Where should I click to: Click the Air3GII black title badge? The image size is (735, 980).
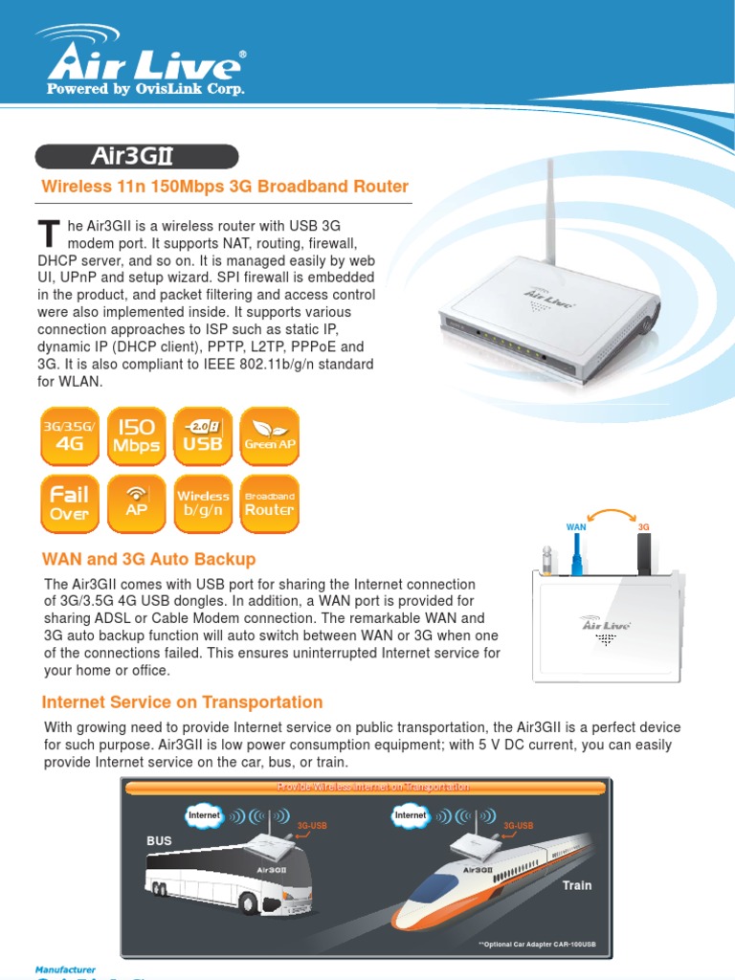click(137, 156)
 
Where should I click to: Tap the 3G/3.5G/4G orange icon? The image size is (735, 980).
click(69, 436)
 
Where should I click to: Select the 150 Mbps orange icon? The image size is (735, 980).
click(136, 436)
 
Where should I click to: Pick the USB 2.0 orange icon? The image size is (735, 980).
click(202, 436)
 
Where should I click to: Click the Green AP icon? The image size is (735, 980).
click(269, 436)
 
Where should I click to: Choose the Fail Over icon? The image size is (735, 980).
click(69, 503)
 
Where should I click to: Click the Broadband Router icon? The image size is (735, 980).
click(269, 503)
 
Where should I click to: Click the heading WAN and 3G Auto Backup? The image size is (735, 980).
click(148, 559)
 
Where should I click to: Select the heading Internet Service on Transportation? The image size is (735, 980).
click(182, 702)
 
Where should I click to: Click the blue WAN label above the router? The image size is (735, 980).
click(576, 527)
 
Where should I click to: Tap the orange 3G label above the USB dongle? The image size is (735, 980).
click(644, 527)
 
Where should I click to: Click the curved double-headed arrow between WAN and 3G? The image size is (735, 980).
click(610, 514)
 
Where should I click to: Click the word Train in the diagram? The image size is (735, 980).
click(577, 885)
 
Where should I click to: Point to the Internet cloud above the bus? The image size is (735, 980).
click(204, 815)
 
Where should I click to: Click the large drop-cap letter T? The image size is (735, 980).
click(48, 233)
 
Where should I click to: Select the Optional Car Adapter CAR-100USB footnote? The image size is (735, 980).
click(537, 945)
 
